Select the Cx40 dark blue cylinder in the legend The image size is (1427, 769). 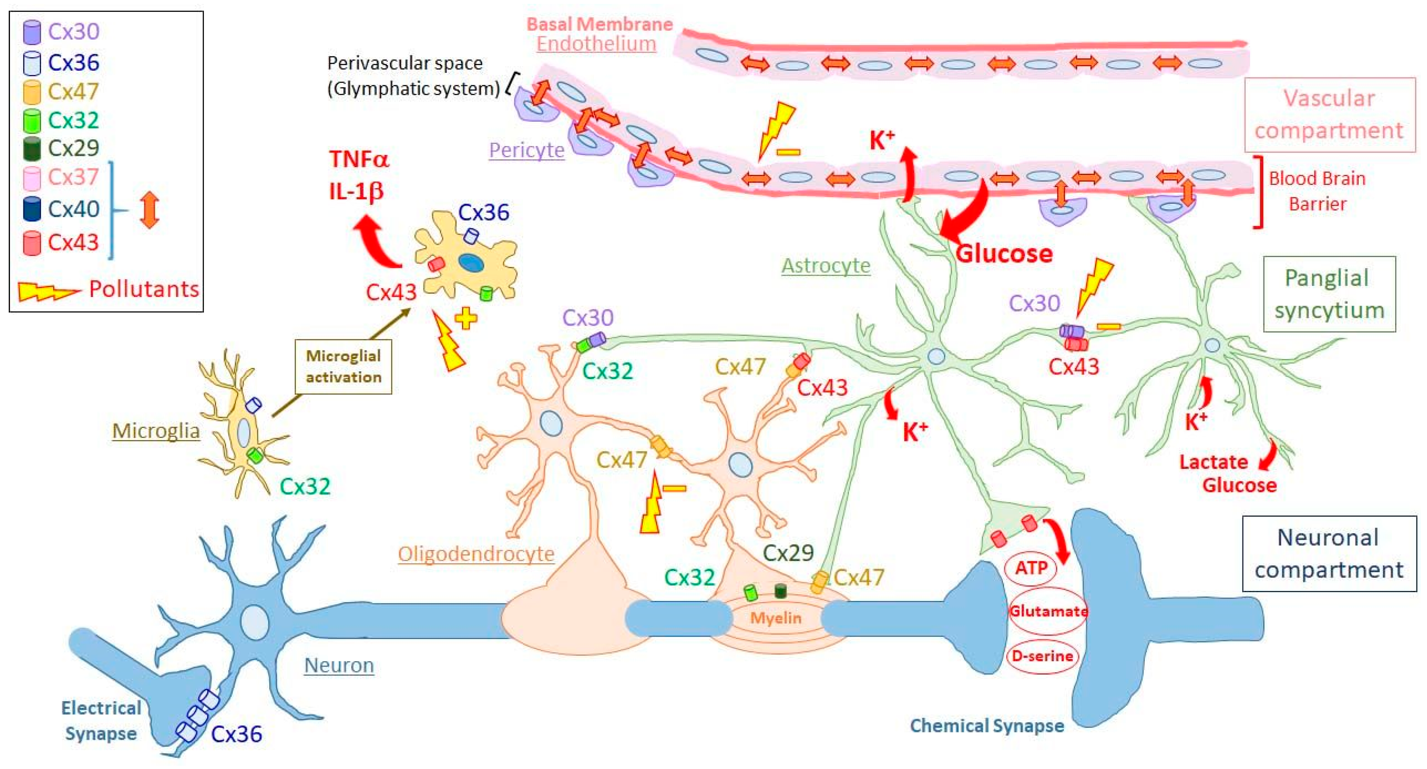click(32, 209)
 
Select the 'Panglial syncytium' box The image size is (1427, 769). click(1328, 294)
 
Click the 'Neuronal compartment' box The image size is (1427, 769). click(1328, 553)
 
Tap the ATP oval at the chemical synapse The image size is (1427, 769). click(1030, 568)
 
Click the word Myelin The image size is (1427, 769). click(776, 618)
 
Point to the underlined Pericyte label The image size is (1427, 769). click(526, 150)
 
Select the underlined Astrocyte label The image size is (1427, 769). click(826, 266)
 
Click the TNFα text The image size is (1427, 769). click(359, 160)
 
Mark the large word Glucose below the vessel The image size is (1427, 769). click(1004, 253)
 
